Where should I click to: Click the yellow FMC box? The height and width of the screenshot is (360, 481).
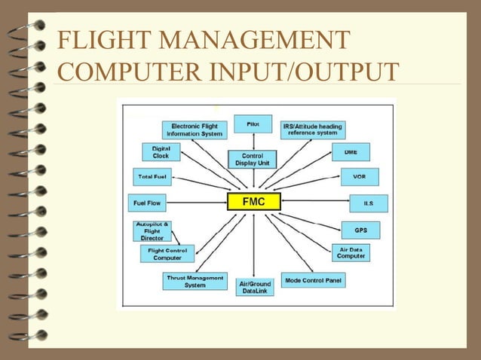[x=253, y=202]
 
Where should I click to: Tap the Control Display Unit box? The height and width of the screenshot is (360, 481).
[x=253, y=159]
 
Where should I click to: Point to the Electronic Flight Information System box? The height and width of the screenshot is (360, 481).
[x=195, y=130]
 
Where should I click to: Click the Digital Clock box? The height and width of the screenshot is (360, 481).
[x=161, y=151]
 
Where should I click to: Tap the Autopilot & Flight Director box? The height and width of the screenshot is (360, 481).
[x=152, y=231]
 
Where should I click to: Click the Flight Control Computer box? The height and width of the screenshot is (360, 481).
[x=167, y=254]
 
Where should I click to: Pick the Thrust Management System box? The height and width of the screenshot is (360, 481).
[x=195, y=281]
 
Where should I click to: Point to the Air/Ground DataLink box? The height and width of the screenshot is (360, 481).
[x=255, y=287]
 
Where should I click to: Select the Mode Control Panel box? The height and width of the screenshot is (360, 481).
[x=314, y=281]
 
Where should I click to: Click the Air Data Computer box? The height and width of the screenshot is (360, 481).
[x=351, y=252]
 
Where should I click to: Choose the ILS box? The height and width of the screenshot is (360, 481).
[x=369, y=203]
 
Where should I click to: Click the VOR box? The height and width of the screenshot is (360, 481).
[x=360, y=177]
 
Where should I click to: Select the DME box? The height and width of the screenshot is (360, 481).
[x=351, y=152]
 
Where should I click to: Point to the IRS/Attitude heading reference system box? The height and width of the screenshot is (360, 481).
[x=312, y=130]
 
